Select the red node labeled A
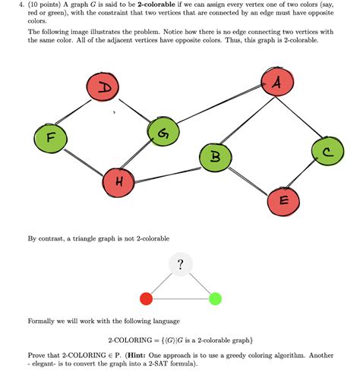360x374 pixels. (276, 84)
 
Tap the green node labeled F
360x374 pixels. (49, 138)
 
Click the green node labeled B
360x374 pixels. (216, 158)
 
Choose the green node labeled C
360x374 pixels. (327, 152)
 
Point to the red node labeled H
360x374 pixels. (119, 181)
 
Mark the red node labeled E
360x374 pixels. (283, 200)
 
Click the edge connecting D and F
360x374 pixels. (76, 114)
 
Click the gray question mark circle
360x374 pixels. (180, 265)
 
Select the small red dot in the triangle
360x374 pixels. (146, 298)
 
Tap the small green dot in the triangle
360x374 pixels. (215, 298)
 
